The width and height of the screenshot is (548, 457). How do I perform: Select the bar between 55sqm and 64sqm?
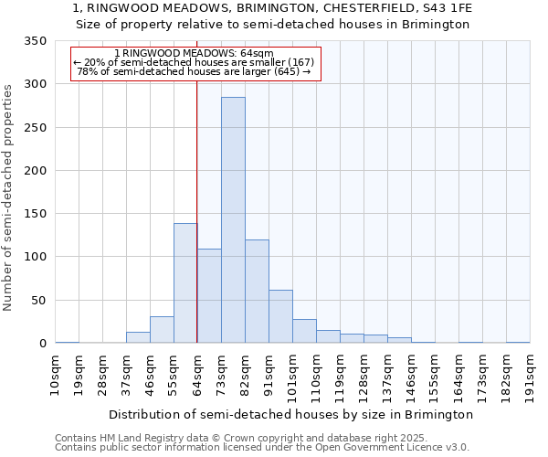[x=185, y=282]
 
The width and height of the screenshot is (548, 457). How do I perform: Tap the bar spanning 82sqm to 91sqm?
[x=257, y=291]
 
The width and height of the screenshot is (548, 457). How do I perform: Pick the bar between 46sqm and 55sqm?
[x=162, y=329]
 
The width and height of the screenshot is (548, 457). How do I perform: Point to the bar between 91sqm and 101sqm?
[x=280, y=316]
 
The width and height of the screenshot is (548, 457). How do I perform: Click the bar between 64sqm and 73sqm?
[x=209, y=295]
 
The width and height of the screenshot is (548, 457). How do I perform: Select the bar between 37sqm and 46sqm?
[x=138, y=337]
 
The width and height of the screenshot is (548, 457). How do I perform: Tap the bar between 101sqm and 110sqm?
[x=304, y=331]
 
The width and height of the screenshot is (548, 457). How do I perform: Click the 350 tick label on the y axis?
[x=35, y=41]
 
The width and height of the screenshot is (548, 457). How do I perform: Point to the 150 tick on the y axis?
[x=35, y=214]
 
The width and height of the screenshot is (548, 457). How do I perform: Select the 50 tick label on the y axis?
[x=38, y=301]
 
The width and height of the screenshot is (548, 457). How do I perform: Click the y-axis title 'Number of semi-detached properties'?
[x=9, y=197]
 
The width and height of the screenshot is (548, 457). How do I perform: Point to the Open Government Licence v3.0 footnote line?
[x=262, y=447]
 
